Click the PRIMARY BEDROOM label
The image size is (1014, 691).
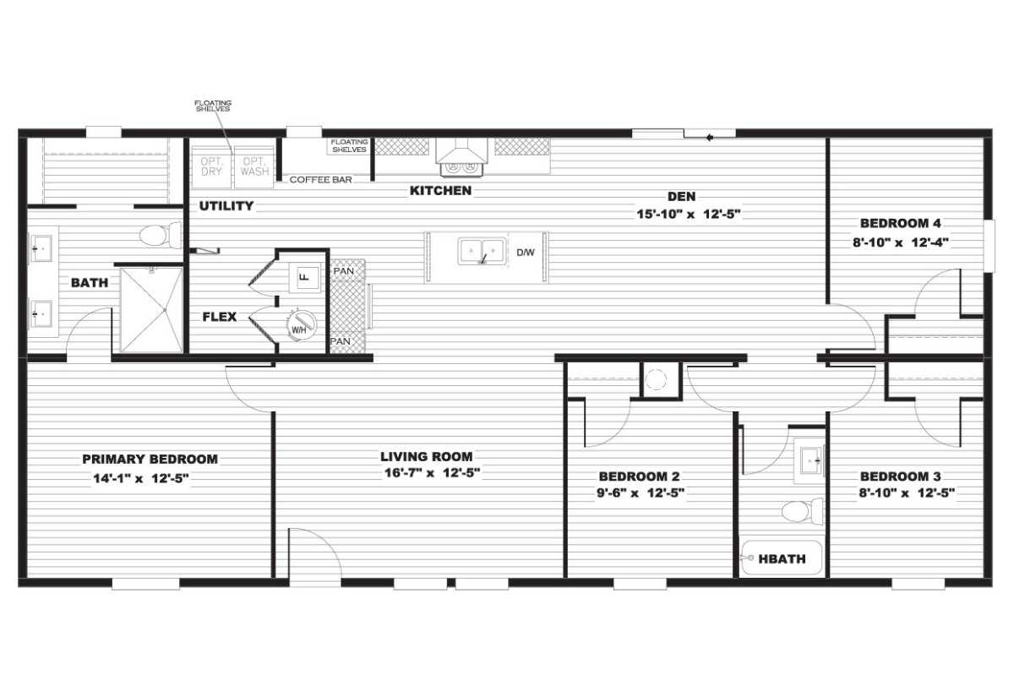150,459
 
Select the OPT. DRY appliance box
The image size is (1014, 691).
211,166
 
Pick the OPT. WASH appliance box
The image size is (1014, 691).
254,166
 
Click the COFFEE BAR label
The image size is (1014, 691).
321,180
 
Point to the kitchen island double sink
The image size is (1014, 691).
482,252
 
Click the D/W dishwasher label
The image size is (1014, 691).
526,253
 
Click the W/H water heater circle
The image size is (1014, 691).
301,324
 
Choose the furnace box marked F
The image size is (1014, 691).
305,275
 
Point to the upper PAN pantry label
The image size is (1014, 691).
342,270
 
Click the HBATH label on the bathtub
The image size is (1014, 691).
782,558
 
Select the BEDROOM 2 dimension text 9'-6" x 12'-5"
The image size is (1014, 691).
640,493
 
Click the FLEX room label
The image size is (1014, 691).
219,317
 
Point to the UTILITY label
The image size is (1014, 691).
226,205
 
